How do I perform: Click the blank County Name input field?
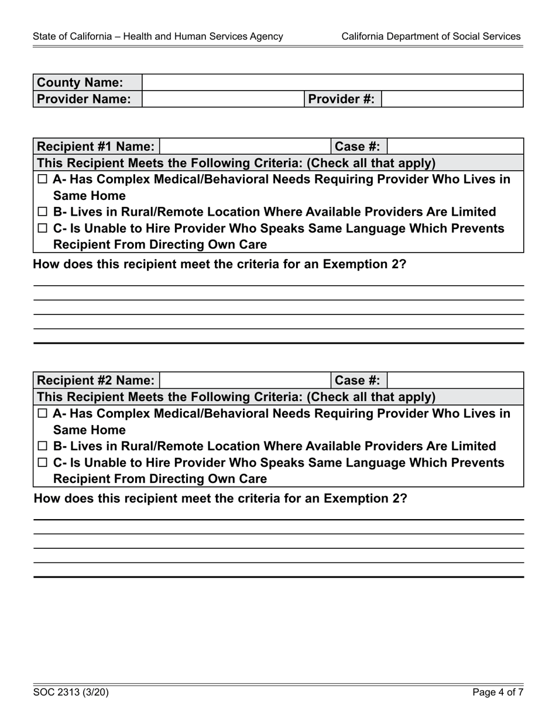tap(332, 82)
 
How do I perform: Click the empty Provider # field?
tap(452, 99)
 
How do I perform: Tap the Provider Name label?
tap(84, 99)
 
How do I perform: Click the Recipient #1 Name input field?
tap(245, 146)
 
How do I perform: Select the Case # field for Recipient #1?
tap(455, 146)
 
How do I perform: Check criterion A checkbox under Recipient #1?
tap(42, 179)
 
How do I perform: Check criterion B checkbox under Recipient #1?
tap(42, 212)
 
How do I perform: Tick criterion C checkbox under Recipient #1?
tap(42, 229)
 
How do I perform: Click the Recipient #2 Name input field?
tap(245, 381)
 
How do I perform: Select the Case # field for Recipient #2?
tap(455, 381)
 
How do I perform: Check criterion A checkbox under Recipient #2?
tap(42, 414)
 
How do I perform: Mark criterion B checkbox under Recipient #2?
tap(42, 447)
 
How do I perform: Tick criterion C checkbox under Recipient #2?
tap(42, 463)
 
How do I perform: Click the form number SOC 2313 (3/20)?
tap(71, 693)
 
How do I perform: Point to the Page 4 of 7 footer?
tap(498, 693)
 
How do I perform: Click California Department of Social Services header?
tap(431, 36)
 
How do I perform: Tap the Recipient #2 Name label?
tap(97, 381)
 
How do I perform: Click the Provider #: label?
tap(342, 99)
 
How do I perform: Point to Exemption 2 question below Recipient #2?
tap(220, 499)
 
